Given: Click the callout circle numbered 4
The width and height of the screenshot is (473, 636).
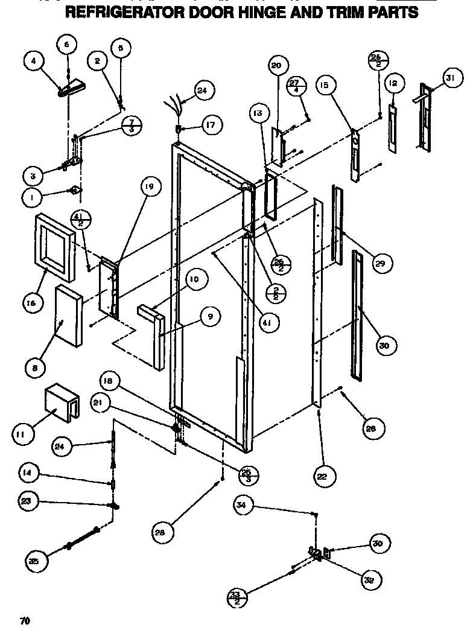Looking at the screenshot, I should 34,62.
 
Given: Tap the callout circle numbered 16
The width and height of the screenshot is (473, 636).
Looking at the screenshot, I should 35,302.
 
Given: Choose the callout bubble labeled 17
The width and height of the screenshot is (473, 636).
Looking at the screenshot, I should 211,126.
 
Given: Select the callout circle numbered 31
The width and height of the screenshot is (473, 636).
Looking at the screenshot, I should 450,77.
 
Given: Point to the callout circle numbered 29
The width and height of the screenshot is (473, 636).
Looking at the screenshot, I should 381,263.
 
